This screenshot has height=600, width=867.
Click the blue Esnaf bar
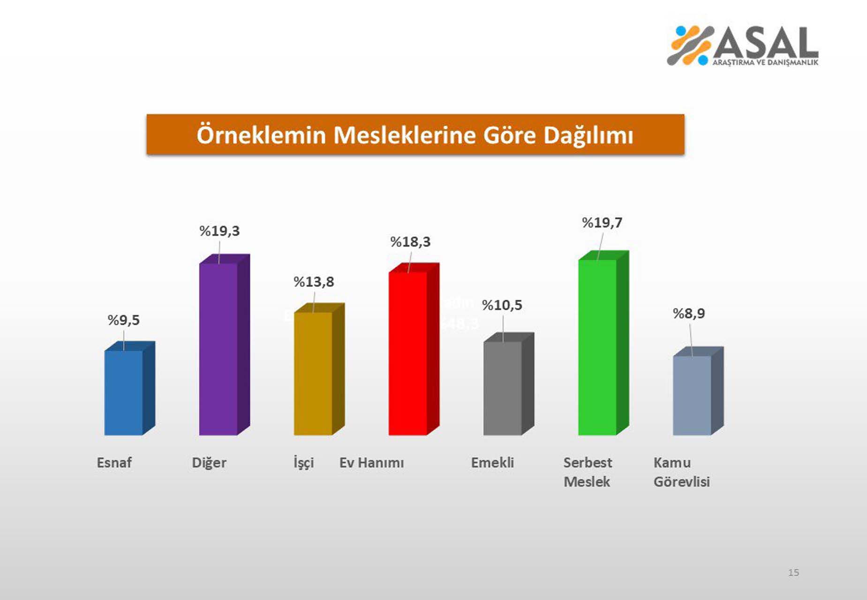pyautogui.click(x=123, y=393)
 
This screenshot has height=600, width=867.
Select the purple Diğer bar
pyautogui.click(x=219, y=349)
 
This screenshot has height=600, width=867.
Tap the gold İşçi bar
pyautogui.click(x=313, y=374)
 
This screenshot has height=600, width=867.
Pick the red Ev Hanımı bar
pyautogui.click(x=408, y=353)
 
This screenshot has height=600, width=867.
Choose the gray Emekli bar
pyautogui.click(x=503, y=388)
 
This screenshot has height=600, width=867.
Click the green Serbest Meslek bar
pyautogui.click(x=597, y=347)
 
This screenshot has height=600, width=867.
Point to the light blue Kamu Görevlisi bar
pyautogui.click(x=692, y=395)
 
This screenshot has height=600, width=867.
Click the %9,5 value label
pyautogui.click(x=124, y=321)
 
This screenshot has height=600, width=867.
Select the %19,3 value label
pyautogui.click(x=219, y=231)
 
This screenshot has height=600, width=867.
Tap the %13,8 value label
pyautogui.click(x=314, y=282)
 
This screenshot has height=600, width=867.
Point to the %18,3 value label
pyautogui.click(x=410, y=242)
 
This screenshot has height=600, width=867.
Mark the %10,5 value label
pyautogui.click(x=502, y=306)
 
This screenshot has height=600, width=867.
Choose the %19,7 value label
pyautogui.click(x=602, y=223)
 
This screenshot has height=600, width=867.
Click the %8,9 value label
pyautogui.click(x=689, y=314)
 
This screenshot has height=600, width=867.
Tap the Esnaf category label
pyautogui.click(x=114, y=463)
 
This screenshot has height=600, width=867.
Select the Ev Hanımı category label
pyautogui.click(x=371, y=463)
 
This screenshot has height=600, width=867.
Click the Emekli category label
pyautogui.click(x=492, y=463)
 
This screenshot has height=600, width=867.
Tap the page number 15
pyautogui.click(x=793, y=572)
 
